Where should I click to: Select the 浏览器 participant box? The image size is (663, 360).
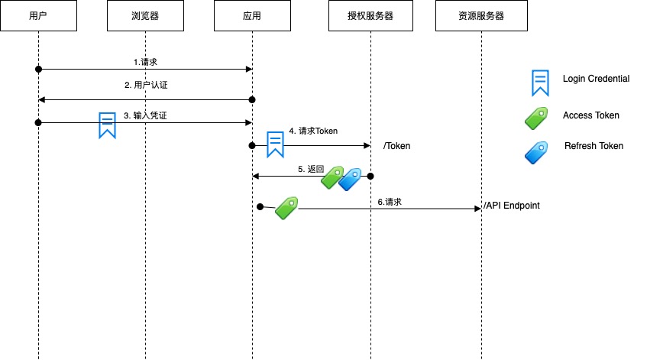145,16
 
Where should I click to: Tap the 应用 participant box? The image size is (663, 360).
252,16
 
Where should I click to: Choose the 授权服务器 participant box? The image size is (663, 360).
370,16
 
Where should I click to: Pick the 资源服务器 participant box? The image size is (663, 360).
481,16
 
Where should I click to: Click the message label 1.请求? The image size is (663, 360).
145,61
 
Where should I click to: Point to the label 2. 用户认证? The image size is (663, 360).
146,86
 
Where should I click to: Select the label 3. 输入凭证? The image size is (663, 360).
146,115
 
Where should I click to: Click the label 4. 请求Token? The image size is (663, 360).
313,131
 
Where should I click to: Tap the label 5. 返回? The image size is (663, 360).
311,169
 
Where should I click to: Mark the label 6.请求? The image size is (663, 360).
390,202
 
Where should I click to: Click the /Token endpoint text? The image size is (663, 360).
396,145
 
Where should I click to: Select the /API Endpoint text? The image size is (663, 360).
512,206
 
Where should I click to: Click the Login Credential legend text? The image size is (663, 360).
596,79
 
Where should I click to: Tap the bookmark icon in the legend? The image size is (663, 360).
541,83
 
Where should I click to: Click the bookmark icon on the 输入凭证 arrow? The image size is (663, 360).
107,125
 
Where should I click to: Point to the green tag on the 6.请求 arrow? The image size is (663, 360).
286,207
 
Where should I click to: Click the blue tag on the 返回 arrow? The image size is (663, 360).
351,179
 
